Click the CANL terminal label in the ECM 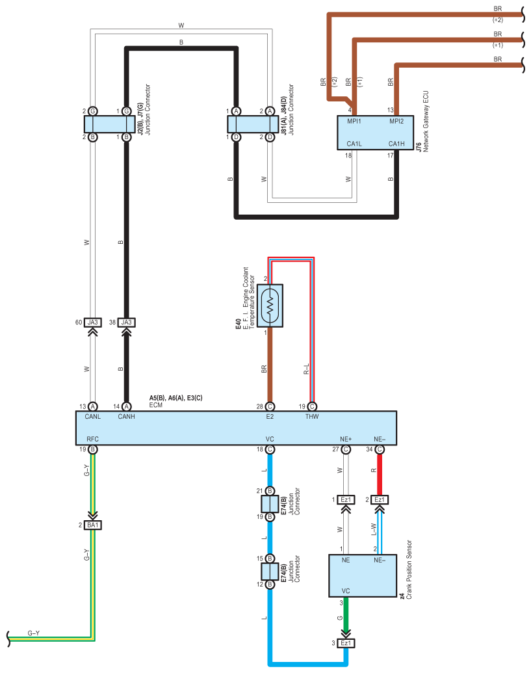pos(93,417)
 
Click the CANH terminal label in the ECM pos(126,417)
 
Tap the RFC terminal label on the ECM pos(92,439)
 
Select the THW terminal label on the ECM pos(312,417)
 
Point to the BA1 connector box pos(93,525)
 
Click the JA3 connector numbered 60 pos(93,322)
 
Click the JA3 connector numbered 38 pos(126,322)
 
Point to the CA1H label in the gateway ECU pos(396,143)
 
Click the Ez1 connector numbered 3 pos(346,643)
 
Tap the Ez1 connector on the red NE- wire pos(380,499)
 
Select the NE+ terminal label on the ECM pos(346,439)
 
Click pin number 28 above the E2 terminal pos(260,406)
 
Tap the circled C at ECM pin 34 pos(380,449)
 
